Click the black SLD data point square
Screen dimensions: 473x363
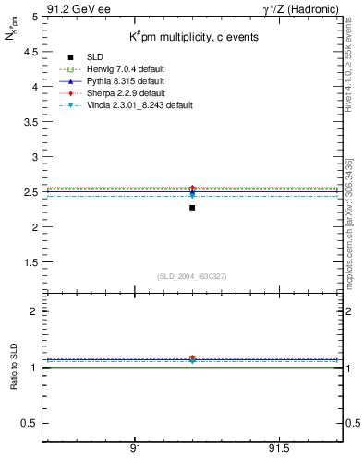pos(192,208)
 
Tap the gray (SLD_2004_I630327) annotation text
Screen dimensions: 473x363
pos(192,277)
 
